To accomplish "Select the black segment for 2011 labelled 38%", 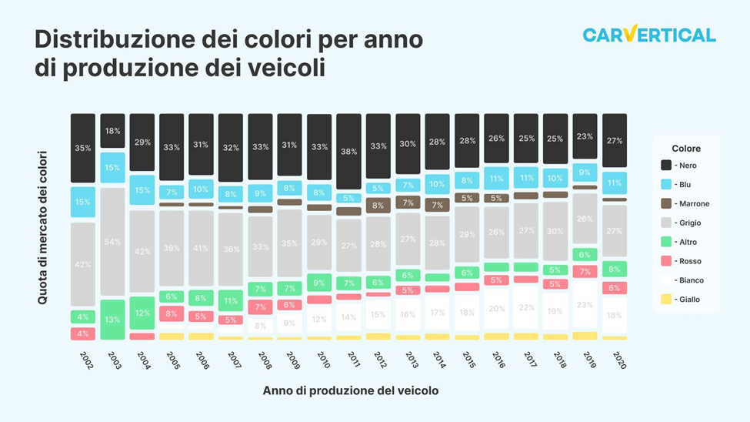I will click(x=348, y=152).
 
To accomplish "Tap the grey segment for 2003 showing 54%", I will click(x=112, y=242).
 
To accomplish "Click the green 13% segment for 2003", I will click(x=112, y=320).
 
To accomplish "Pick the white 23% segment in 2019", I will click(x=585, y=305).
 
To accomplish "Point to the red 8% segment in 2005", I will click(x=172, y=313).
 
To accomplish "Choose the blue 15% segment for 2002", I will click(x=83, y=202).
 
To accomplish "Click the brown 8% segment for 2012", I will click(x=378, y=206).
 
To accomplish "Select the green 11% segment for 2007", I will click(x=231, y=300).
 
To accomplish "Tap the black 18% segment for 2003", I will click(x=112, y=131).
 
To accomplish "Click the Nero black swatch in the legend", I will click(x=666, y=166).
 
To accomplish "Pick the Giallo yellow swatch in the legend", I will click(x=666, y=300).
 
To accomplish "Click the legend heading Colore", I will click(x=685, y=148).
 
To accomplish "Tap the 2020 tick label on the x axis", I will click(x=615, y=360).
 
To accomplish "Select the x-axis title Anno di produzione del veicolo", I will click(x=351, y=390).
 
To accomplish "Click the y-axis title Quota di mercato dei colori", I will click(x=43, y=227).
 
